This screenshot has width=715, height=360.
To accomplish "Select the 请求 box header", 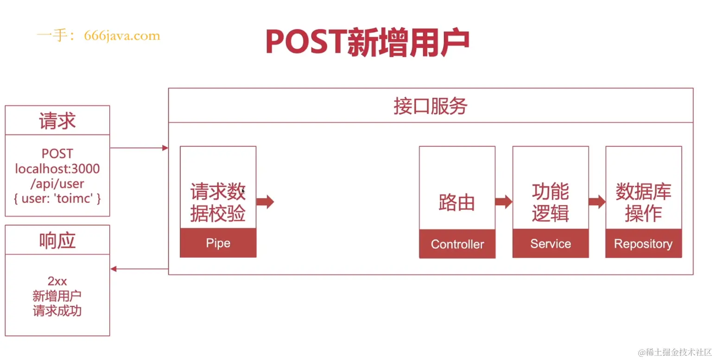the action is tap(57, 121).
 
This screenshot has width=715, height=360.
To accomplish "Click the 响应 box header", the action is tap(57, 240).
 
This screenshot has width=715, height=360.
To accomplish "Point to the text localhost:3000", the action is tap(57, 169).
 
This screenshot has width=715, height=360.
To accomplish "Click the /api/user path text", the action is tap(57, 183).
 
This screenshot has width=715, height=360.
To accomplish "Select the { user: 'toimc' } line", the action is tap(57, 199).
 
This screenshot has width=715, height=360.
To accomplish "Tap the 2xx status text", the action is tap(57, 281).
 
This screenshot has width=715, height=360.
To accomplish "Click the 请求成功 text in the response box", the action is tap(57, 310).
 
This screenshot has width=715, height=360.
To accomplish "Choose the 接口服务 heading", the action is tap(430, 106).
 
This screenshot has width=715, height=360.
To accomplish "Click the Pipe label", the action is tap(218, 243).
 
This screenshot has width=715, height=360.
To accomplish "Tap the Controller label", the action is tap(457, 244).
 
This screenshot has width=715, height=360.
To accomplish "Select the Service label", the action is tap(550, 244).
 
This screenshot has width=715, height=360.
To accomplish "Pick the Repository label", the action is tap(643, 244).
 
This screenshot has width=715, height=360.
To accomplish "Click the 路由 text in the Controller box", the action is tap(457, 202).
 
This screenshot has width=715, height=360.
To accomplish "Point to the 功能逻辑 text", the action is tap(550, 202).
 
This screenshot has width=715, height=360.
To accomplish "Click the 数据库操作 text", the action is tap(643, 202).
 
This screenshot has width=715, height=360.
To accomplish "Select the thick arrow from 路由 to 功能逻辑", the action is tap(504, 202).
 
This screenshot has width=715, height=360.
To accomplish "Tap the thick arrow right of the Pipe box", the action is tap(265, 202).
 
